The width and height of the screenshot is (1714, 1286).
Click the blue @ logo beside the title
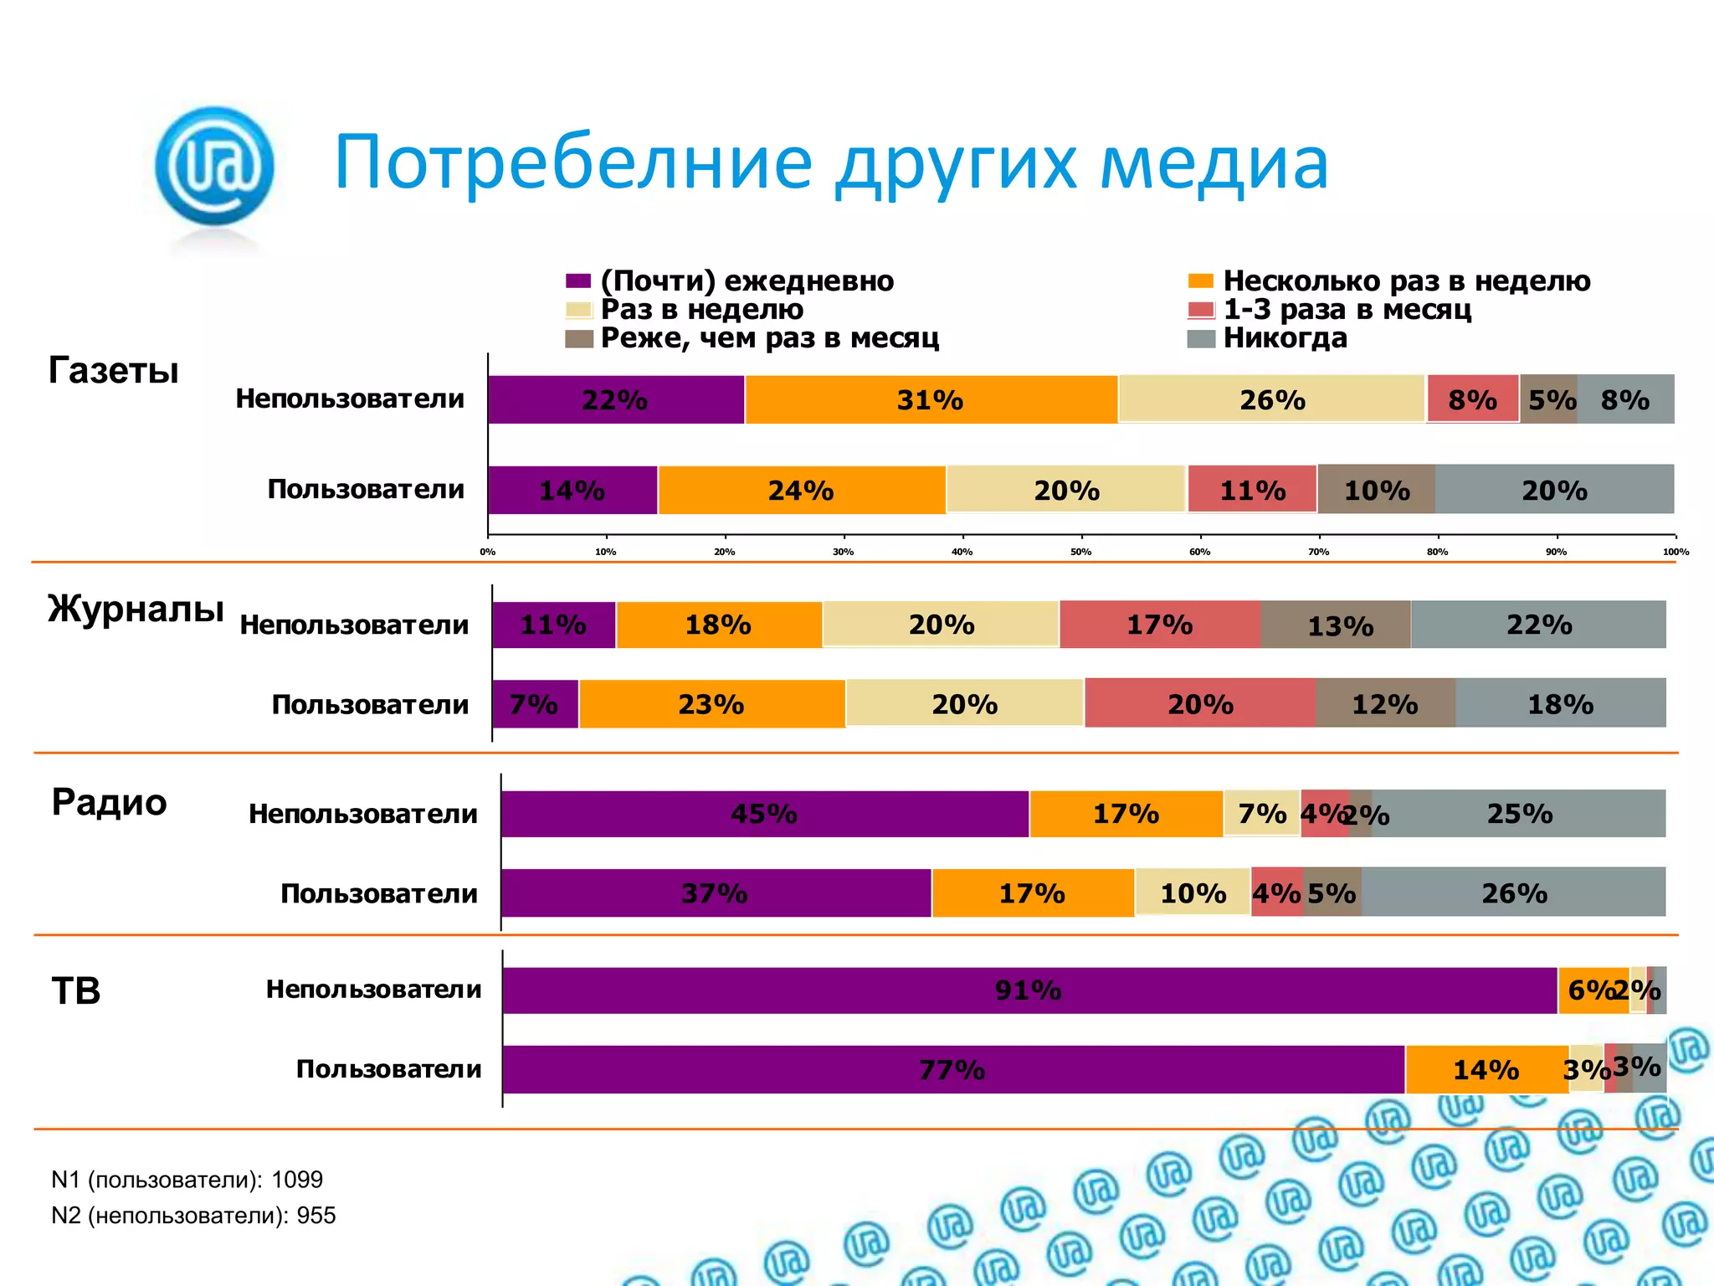click(x=214, y=166)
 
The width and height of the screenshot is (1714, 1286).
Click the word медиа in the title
click(x=1214, y=163)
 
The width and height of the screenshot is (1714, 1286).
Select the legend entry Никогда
click(x=1285, y=338)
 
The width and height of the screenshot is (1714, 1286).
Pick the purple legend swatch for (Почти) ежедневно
click(x=578, y=281)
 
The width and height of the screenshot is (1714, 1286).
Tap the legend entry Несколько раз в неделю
click(x=1406, y=281)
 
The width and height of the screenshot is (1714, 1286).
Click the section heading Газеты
click(x=114, y=370)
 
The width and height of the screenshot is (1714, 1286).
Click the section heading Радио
click(x=109, y=802)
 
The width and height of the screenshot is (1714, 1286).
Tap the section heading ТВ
click(x=76, y=991)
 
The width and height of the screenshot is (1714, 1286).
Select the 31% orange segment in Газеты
click(x=930, y=400)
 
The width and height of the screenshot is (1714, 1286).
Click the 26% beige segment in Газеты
click(x=1272, y=400)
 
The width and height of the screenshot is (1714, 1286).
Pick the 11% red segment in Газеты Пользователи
click(x=1252, y=490)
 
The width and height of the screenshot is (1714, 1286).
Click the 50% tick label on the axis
click(x=1080, y=552)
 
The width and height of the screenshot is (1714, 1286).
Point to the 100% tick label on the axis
click(x=1676, y=552)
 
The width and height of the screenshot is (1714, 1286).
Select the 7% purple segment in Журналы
click(x=534, y=704)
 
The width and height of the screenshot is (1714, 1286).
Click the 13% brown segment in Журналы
click(x=1340, y=625)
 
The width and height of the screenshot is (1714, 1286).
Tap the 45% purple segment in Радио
click(x=763, y=814)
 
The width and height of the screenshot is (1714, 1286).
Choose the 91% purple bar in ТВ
click(x=1028, y=990)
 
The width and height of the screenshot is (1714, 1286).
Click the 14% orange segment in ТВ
click(x=1486, y=1070)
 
